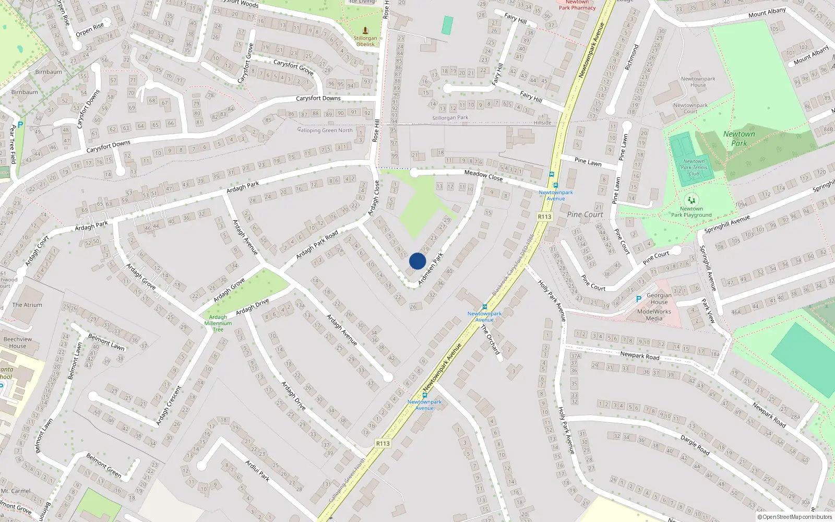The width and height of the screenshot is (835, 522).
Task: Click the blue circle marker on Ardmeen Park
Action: coord(417,261)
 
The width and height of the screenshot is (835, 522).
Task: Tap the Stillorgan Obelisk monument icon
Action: coord(365,30)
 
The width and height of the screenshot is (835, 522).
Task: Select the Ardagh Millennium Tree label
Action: coord(218,323)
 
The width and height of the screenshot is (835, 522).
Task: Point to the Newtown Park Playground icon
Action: coord(691,200)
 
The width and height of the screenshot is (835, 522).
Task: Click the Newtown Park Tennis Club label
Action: coord(694,168)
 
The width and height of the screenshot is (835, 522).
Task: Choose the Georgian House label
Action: coord(659,299)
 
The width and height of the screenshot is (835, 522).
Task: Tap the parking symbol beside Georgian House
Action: coord(638,299)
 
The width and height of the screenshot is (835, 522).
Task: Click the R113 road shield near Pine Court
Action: coord(544,217)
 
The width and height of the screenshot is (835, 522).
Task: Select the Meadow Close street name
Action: coord(483,175)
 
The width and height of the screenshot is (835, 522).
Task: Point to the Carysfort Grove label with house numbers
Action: coord(293,66)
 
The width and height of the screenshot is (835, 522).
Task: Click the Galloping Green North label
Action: coord(325,130)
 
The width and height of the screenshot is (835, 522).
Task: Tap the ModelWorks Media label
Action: coord(654,315)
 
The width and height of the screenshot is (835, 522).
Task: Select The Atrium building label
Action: coord(27,305)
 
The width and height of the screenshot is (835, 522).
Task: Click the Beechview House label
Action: coord(17,342)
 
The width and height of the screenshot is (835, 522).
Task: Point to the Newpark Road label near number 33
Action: coord(639,355)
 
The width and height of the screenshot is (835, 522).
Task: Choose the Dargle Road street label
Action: coord(695,444)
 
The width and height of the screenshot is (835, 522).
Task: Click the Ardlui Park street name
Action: coord(257,470)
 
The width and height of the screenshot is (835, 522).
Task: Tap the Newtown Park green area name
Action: coord(738,138)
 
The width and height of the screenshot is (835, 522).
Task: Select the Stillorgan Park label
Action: coord(450,118)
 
